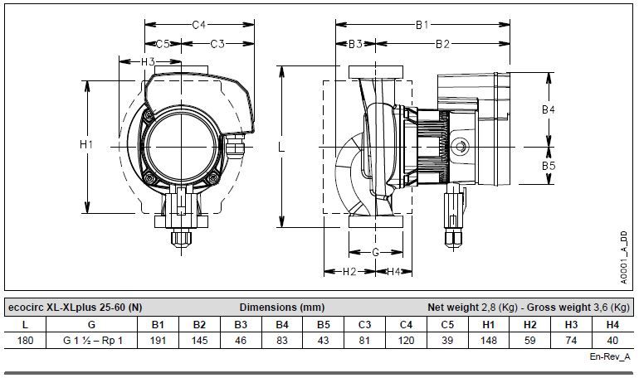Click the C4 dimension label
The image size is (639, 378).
click(198, 25)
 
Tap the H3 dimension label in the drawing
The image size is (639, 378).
click(148, 62)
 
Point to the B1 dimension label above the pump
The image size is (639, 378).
click(422, 25)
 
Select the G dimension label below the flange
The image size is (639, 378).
click(375, 252)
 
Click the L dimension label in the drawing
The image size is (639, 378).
click(281, 147)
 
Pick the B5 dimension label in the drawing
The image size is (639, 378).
click(548, 166)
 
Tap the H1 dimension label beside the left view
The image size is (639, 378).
click(86, 144)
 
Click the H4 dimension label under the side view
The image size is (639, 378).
click(393, 272)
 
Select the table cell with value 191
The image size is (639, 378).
click(158, 340)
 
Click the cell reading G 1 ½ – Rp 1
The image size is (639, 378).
click(92, 340)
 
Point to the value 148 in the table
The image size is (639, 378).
click(489, 340)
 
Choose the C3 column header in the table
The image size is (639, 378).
click(365, 325)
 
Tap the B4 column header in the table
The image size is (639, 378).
click(282, 325)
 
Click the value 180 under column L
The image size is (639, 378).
click(25, 340)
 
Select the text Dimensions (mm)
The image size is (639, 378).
click(282, 308)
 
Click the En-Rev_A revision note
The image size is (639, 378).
click(610, 356)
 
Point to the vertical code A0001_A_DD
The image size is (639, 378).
click(624, 258)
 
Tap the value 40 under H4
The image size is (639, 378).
click(612, 340)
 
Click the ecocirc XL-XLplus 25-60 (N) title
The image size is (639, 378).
click(75, 308)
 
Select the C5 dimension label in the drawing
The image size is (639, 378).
click(163, 44)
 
